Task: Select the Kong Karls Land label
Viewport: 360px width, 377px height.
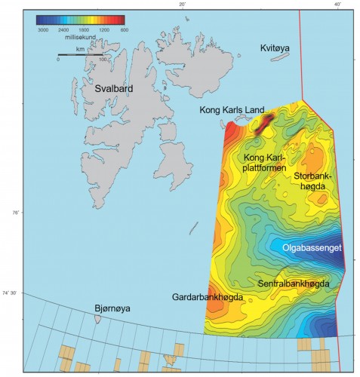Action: pos(232,110)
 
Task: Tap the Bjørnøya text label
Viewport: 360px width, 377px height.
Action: pos(112,308)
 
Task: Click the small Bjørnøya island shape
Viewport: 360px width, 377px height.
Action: pos(98,319)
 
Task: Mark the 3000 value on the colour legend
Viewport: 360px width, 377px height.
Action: pos(43,29)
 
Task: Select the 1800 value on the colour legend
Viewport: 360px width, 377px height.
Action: pos(82,29)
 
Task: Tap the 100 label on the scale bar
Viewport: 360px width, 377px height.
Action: pos(102,60)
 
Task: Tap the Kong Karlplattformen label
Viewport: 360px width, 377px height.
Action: pos(263,163)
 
